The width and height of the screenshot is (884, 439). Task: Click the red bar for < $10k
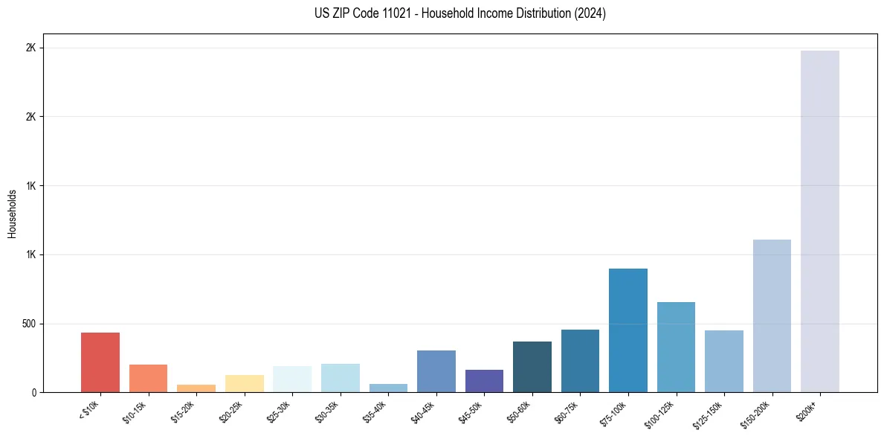click(100, 362)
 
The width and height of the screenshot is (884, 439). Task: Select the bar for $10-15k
click(148, 378)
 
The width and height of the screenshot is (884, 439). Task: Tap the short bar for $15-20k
click(196, 388)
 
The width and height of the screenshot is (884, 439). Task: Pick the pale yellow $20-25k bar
click(245, 383)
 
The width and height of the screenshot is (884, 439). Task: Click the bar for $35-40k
click(388, 388)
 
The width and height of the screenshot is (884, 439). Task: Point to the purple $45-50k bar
click(484, 381)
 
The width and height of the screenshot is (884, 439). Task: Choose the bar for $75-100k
click(628, 330)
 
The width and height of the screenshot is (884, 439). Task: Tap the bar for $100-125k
click(676, 347)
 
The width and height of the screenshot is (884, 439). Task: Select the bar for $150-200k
click(772, 315)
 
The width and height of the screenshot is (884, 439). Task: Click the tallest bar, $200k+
click(820, 221)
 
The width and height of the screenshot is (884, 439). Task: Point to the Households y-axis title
click(12, 213)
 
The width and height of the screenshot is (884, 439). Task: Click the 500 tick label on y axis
click(28, 324)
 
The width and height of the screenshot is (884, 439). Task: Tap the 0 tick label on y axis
click(33, 392)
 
